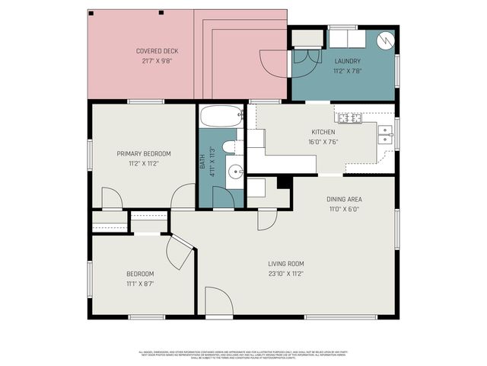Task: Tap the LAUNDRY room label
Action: click(x=347, y=60)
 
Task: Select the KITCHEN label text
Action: click(x=323, y=132)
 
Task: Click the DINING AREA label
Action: click(x=342, y=199)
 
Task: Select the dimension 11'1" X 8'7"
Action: click(x=140, y=284)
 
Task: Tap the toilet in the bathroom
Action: click(x=230, y=146)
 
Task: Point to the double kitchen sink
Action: click(x=387, y=135)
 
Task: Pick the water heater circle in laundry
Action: click(x=384, y=39)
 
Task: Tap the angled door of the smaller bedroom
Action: click(x=181, y=251)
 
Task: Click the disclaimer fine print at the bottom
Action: click(x=243, y=355)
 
